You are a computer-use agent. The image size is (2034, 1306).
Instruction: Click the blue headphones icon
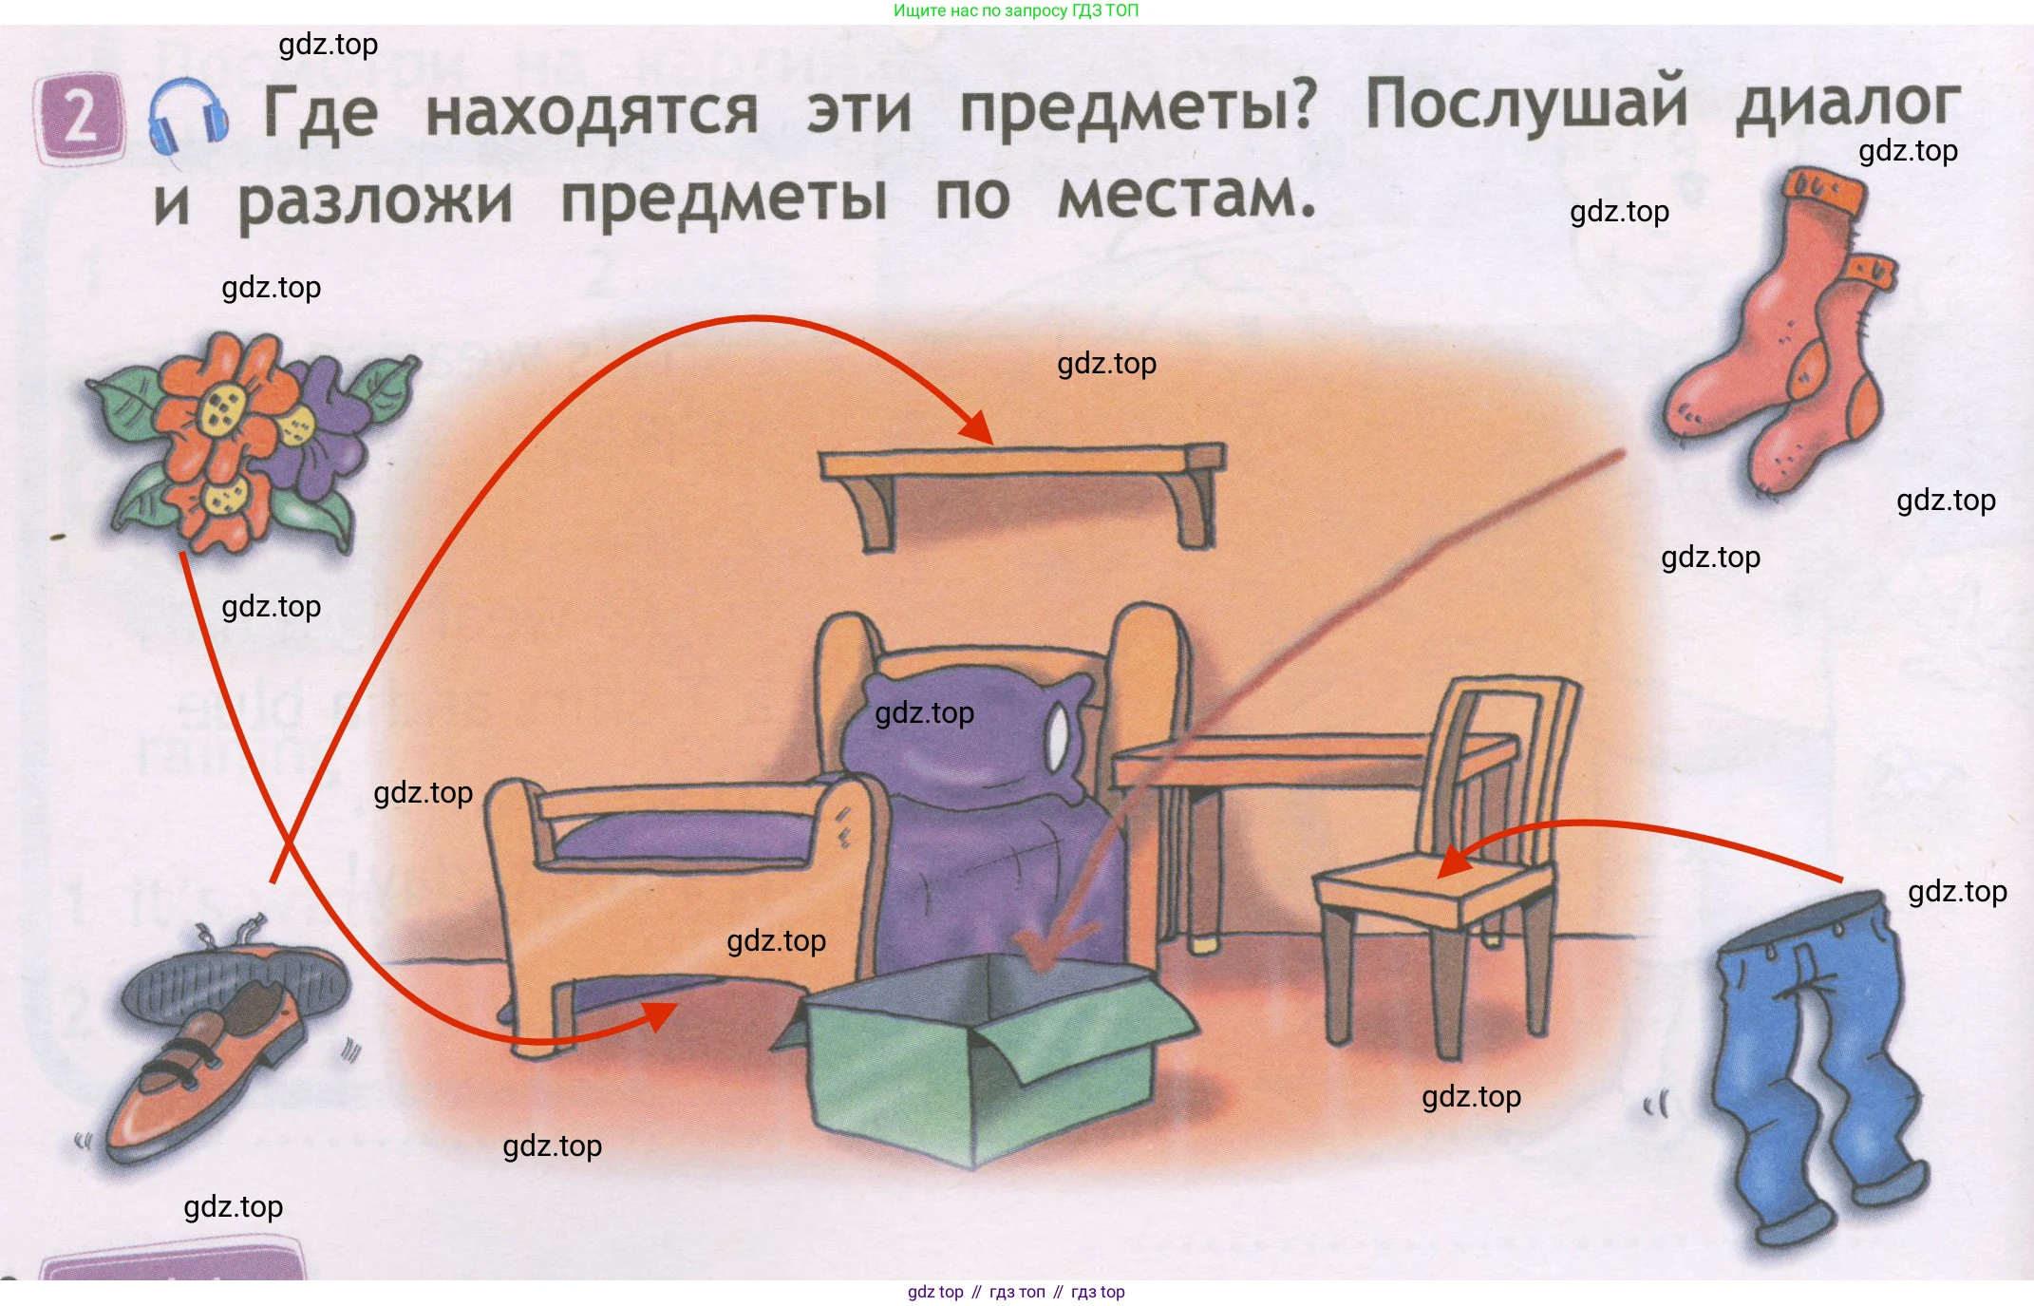point(188,118)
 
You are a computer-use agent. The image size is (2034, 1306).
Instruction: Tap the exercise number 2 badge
point(80,118)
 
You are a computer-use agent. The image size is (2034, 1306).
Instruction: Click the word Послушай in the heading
point(1526,104)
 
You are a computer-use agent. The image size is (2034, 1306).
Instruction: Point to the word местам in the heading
point(1186,196)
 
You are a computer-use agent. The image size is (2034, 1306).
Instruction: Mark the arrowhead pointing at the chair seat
point(1453,860)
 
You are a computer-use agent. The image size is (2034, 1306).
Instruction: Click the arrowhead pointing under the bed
point(660,1014)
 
